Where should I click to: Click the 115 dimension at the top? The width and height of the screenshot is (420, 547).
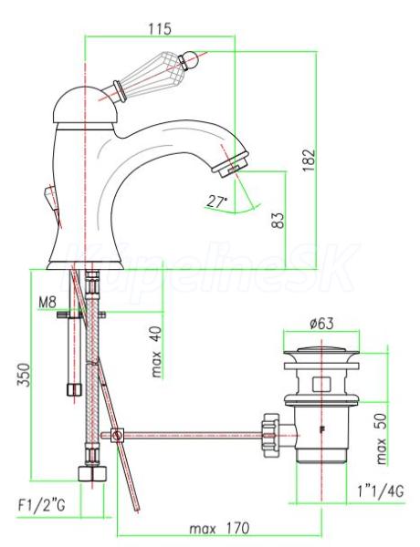(160, 28)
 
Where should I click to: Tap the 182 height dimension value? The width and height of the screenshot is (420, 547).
(309, 160)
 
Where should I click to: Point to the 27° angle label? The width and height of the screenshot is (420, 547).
(216, 201)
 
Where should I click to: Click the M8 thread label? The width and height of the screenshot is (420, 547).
(47, 302)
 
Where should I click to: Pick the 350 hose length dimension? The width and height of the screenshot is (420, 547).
(24, 375)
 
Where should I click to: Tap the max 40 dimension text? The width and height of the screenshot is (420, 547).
(156, 352)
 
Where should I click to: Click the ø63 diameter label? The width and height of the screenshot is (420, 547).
(321, 324)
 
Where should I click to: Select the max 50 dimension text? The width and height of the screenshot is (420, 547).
(382, 439)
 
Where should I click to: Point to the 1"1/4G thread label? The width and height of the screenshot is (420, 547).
(381, 491)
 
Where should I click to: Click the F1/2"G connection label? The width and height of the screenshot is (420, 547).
(42, 505)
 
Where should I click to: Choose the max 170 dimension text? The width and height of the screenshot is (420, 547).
(219, 529)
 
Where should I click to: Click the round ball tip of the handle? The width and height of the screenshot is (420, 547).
(192, 59)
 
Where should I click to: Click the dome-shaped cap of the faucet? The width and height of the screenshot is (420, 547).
(84, 105)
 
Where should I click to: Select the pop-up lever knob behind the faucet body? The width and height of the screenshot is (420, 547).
(49, 197)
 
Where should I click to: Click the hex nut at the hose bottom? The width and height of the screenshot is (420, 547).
(91, 473)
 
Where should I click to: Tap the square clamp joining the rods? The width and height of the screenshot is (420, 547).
(118, 436)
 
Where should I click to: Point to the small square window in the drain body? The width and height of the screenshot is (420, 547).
(321, 384)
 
